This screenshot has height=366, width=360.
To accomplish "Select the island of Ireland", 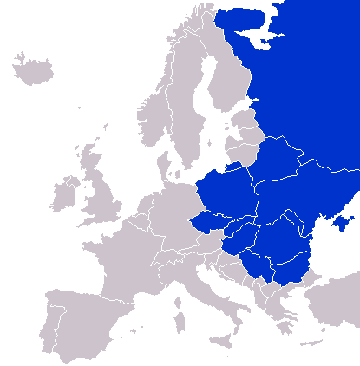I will (64, 195).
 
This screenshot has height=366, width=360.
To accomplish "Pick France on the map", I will (121, 260).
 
